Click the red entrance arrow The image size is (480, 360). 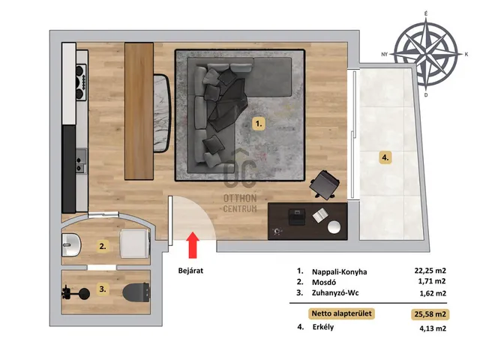point(193,245)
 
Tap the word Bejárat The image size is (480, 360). point(190,271)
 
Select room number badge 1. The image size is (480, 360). point(259,124)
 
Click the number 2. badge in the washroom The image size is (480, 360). point(103,246)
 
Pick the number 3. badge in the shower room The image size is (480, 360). point(103,289)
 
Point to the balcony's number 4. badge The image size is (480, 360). point(385,158)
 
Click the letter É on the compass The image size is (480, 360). point(427,13)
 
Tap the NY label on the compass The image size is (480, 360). point(385,55)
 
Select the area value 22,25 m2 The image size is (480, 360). point(430,271)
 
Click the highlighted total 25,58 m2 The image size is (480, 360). point(430,314)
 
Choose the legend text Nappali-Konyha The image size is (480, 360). point(339,271)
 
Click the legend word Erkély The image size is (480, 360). point(323,327)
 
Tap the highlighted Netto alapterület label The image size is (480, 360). point(341,313)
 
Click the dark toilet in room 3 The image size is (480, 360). point(136,292)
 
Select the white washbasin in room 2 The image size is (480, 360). point(71,245)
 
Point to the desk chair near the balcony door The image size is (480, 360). point(325,184)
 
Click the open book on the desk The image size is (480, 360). point(320,215)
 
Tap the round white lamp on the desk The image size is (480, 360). point(334,227)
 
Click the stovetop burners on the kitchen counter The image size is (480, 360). point(81,82)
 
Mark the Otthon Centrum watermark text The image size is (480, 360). point(240,203)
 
